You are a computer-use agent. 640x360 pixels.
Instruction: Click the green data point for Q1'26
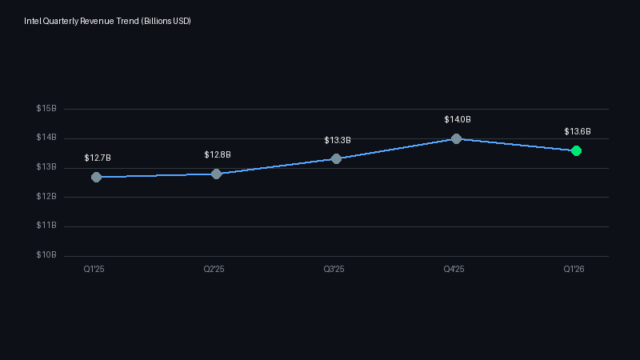click(x=576, y=150)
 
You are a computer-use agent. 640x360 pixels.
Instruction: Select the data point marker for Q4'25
click(x=456, y=138)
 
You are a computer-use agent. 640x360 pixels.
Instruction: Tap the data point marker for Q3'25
click(x=336, y=158)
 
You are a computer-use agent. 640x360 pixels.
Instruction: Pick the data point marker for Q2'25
click(x=216, y=174)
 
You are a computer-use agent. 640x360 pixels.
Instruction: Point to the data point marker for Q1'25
click(x=96, y=177)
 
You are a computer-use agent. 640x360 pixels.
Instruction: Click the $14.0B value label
click(x=458, y=119)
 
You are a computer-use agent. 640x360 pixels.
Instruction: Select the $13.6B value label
click(x=578, y=131)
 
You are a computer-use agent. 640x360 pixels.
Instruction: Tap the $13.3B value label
click(x=338, y=140)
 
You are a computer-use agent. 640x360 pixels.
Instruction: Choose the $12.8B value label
click(x=218, y=154)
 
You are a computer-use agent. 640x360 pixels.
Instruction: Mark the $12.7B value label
click(x=98, y=158)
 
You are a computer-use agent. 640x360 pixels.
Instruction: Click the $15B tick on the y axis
click(x=46, y=109)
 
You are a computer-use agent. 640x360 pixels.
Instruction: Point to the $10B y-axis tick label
click(x=46, y=255)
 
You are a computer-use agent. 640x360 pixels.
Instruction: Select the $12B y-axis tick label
click(x=46, y=197)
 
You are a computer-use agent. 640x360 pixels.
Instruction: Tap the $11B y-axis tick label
click(x=46, y=226)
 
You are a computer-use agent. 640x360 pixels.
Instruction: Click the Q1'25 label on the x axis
click(x=94, y=270)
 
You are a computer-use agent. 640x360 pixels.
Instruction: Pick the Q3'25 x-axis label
click(x=334, y=270)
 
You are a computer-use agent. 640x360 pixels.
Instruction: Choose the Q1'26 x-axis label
click(x=574, y=270)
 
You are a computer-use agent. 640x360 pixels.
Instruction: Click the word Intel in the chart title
click(x=33, y=20)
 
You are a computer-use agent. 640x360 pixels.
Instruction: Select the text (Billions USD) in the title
click(x=166, y=20)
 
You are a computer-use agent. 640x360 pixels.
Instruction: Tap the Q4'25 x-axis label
click(x=454, y=270)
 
